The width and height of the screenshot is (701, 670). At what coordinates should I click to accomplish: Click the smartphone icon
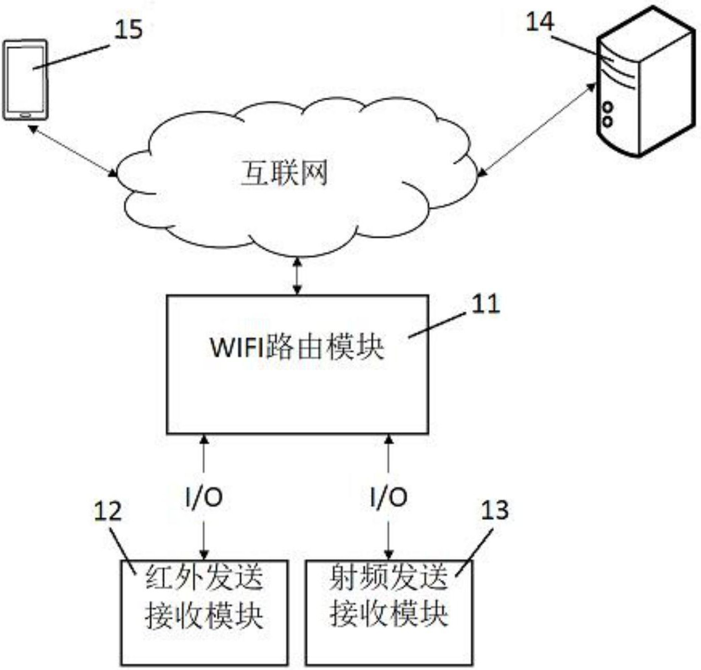(26, 80)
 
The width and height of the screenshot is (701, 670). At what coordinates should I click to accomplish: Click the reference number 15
(128, 29)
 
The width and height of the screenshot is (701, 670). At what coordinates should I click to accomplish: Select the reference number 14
(540, 22)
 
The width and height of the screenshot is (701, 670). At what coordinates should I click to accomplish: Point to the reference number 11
(485, 304)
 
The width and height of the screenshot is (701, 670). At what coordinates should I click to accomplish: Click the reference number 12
(108, 511)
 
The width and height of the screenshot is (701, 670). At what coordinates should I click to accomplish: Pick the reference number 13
(495, 510)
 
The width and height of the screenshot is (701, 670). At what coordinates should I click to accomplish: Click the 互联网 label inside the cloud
(284, 173)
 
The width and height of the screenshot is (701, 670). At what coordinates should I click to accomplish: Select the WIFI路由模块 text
(297, 347)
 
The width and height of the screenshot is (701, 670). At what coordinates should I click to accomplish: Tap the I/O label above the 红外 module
(204, 497)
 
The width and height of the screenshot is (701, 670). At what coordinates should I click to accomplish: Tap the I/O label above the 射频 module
(389, 497)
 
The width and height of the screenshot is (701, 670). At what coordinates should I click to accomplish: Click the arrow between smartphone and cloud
(72, 151)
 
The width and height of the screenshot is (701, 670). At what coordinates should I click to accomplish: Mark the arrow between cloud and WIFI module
(297, 277)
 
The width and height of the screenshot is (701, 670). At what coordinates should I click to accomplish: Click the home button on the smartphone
(25, 115)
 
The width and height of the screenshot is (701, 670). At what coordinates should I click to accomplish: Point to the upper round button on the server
(608, 107)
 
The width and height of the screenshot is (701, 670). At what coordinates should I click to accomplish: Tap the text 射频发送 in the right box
(389, 576)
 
